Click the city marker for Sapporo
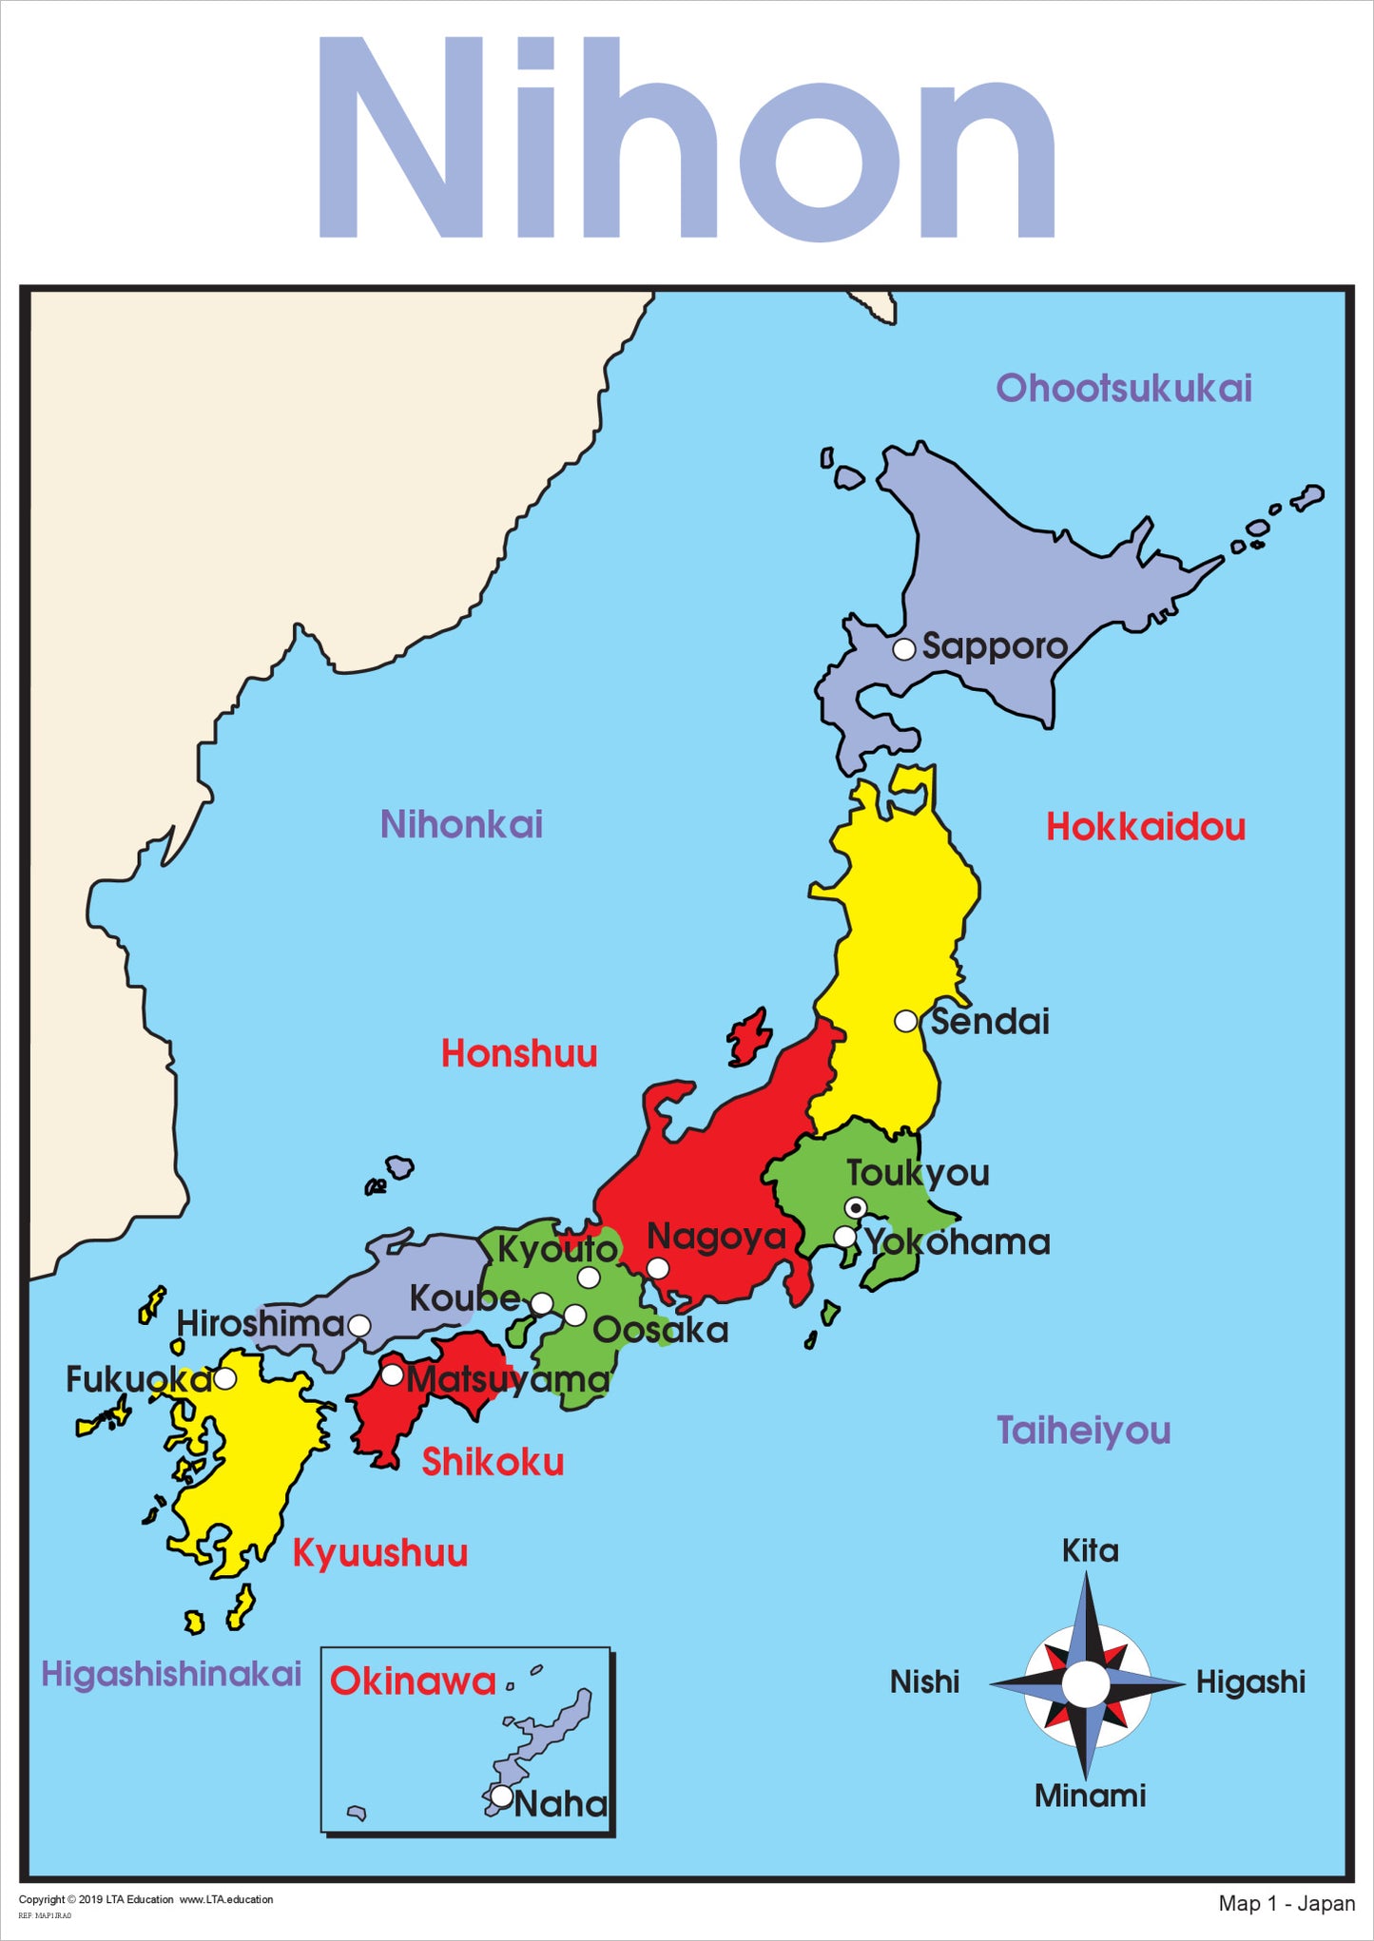pos(904,649)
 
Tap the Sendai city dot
pos(906,1021)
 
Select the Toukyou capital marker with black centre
pos(856,1207)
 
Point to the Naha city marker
pos(501,1796)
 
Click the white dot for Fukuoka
pos(225,1378)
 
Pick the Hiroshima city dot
pos(359,1325)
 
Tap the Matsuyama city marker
pos(392,1374)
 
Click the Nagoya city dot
pos(658,1268)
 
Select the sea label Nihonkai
pos(461,824)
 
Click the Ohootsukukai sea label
pos(1123,388)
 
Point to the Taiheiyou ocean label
pos(1083,1430)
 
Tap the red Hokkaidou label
pos(1146,827)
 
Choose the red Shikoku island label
pos(493,1462)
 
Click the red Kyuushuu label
pos(379,1552)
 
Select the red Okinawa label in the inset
pos(413,1682)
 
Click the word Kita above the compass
pos(1090,1550)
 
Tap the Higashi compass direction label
pos(1249,1682)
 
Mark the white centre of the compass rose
pos(1086,1684)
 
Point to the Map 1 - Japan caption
pos(1287,1903)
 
